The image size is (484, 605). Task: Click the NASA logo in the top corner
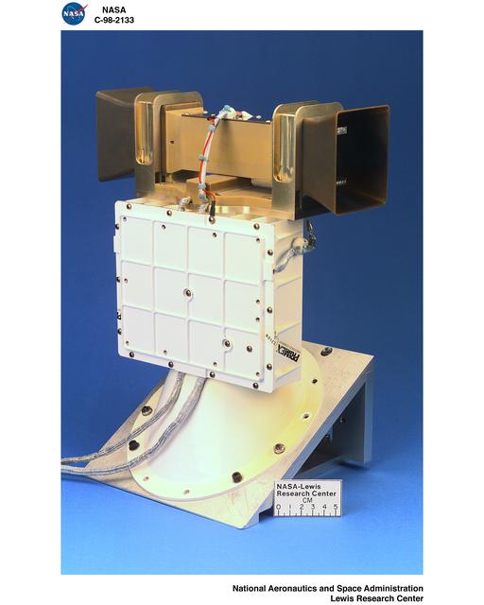[73, 13]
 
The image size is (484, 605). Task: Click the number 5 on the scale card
[336, 509]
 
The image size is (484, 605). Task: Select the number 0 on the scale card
[278, 509]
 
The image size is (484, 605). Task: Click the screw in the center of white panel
[189, 294]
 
